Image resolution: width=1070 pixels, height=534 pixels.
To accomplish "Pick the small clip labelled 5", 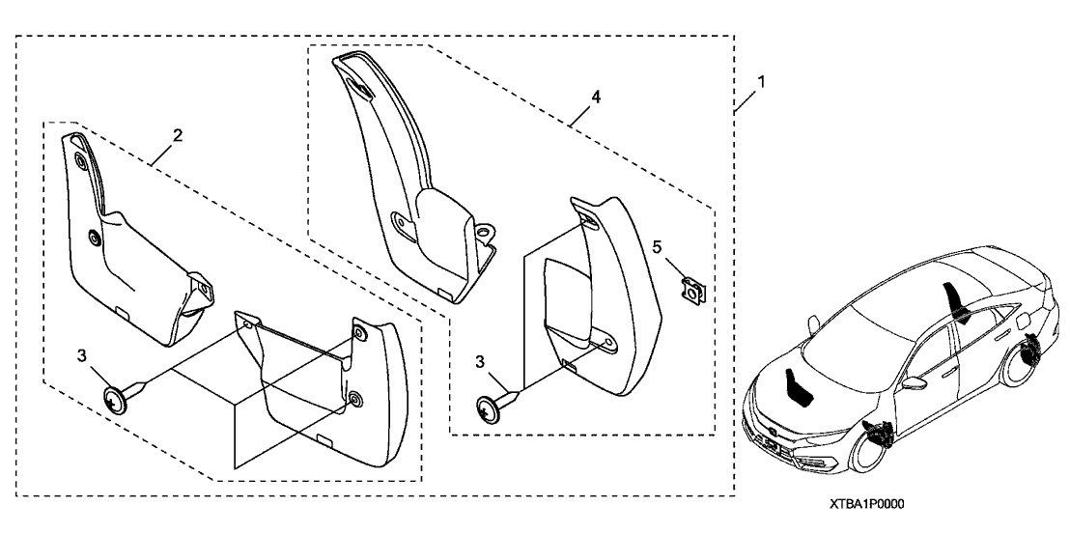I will (x=691, y=286).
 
